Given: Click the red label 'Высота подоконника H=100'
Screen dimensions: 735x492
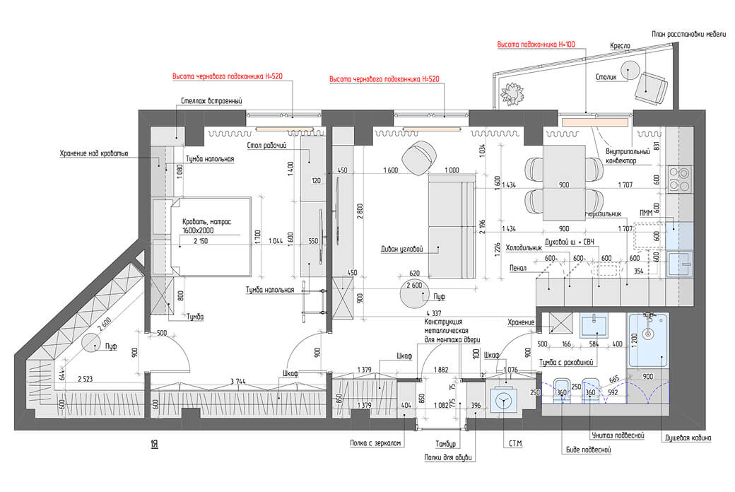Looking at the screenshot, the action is [x=536, y=44].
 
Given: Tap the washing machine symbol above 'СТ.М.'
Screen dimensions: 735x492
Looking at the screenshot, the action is [x=503, y=401].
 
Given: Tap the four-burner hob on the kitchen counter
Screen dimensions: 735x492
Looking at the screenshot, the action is [x=680, y=178].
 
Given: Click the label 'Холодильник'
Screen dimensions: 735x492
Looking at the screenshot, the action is [x=525, y=248].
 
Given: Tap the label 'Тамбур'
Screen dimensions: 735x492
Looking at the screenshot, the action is [x=447, y=444].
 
